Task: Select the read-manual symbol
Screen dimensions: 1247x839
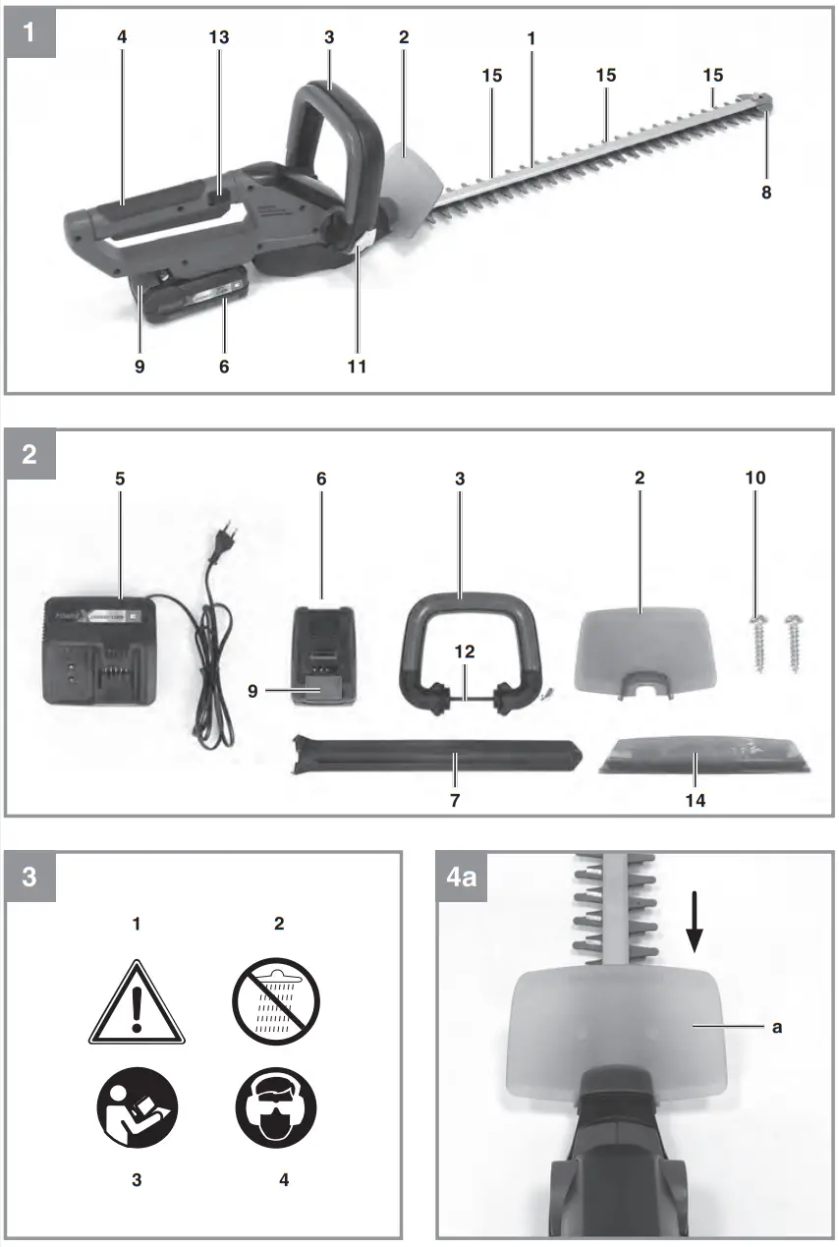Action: click(137, 1112)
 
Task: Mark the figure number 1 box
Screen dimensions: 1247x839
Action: click(29, 30)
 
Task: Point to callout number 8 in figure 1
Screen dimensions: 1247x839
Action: click(766, 193)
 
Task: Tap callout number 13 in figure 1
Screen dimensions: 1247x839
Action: click(219, 36)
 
